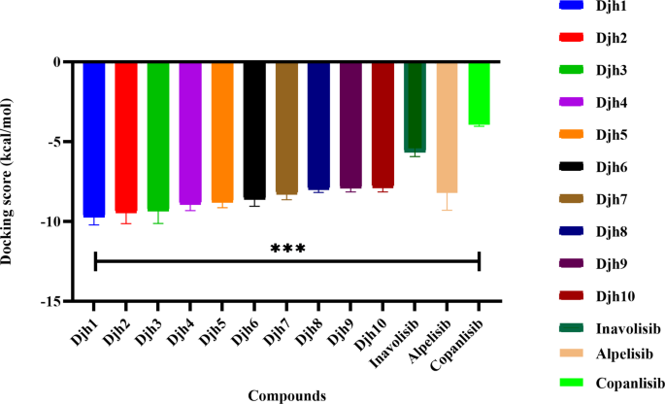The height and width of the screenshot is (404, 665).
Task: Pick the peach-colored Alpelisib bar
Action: (447, 126)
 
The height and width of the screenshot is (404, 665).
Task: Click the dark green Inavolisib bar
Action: (415, 107)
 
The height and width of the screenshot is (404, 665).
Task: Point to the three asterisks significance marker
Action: (286, 249)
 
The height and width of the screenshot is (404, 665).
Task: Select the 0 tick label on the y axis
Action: (56, 62)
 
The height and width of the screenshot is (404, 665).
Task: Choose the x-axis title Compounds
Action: (285, 394)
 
